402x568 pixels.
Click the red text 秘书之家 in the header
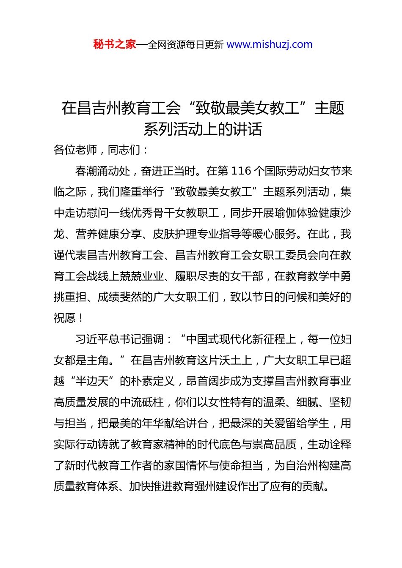point(115,44)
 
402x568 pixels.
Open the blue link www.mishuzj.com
point(270,44)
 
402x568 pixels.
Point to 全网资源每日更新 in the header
point(186,45)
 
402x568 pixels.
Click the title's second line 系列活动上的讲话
point(203,129)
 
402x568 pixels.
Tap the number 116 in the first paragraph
point(242,171)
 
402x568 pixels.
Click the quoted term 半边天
point(92,381)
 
